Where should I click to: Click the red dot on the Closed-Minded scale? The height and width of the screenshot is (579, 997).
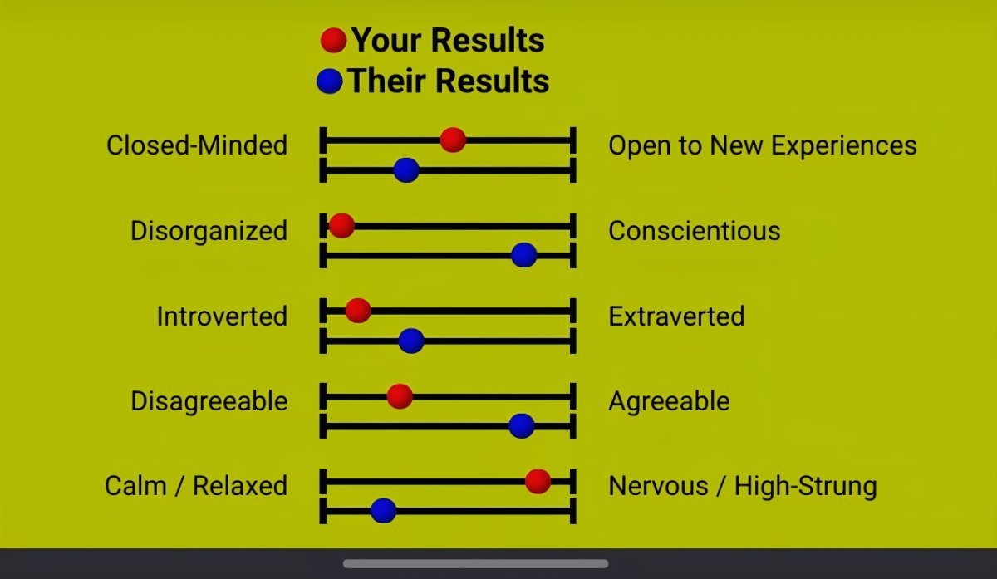(453, 140)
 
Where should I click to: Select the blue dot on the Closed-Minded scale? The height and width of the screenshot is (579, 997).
(406, 170)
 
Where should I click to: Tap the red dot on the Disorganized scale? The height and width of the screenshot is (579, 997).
(341, 226)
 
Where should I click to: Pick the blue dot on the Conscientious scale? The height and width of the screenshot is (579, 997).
(524, 255)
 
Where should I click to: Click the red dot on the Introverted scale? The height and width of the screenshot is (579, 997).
(358, 311)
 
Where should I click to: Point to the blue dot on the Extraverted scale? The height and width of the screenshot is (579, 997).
(410, 341)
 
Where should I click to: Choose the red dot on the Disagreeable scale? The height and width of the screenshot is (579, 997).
(400, 396)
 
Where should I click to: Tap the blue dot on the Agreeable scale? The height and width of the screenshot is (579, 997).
(521, 426)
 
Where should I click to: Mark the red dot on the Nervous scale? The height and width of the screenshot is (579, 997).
(538, 481)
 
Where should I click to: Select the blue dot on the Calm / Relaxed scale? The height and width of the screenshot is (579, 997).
(383, 510)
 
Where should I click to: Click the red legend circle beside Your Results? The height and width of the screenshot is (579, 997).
(333, 41)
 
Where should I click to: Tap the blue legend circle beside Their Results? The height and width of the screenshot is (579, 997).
(329, 81)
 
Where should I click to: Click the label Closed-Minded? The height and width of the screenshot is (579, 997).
(197, 145)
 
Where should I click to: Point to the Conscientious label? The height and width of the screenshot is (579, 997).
(695, 231)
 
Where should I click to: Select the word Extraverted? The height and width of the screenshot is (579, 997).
(676, 316)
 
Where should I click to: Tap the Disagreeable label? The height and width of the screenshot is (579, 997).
(209, 401)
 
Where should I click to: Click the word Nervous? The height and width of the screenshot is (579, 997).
(658, 485)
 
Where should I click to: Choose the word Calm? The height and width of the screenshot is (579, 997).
(135, 485)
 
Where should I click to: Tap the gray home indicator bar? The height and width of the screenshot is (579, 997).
(475, 564)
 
